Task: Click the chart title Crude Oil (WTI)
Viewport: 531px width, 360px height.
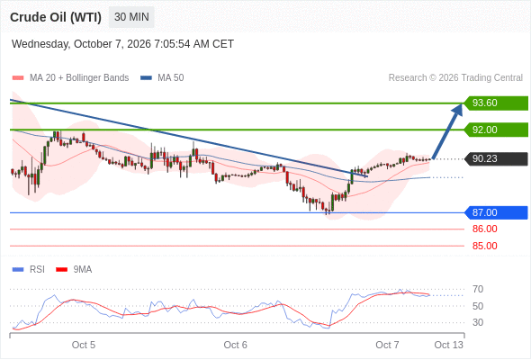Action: click(56, 17)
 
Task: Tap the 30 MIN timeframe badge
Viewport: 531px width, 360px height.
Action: click(131, 17)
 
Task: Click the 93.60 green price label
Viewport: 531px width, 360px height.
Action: click(496, 103)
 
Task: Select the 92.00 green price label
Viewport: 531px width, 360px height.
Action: click(496, 130)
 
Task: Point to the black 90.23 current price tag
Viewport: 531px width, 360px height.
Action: click(496, 158)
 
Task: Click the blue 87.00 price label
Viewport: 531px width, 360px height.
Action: click(496, 212)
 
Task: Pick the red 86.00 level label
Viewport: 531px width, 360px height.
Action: click(484, 229)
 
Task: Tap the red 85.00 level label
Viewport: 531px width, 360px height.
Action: click(484, 246)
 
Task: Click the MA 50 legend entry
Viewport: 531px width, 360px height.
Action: click(162, 78)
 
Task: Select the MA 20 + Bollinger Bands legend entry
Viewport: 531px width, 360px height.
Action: click(70, 78)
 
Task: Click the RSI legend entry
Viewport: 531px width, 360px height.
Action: click(29, 270)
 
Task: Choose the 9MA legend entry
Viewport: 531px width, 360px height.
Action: click(74, 270)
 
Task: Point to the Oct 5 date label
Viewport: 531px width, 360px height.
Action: click(84, 345)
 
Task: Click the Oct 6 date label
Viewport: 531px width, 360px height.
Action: click(236, 345)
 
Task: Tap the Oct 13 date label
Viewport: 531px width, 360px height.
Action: click(448, 345)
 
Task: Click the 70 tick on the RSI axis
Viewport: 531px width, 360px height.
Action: click(478, 289)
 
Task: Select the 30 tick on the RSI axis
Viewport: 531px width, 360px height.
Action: click(478, 322)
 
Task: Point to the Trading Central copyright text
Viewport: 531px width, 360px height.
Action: click(455, 78)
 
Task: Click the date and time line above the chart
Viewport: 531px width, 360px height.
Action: click(122, 44)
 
